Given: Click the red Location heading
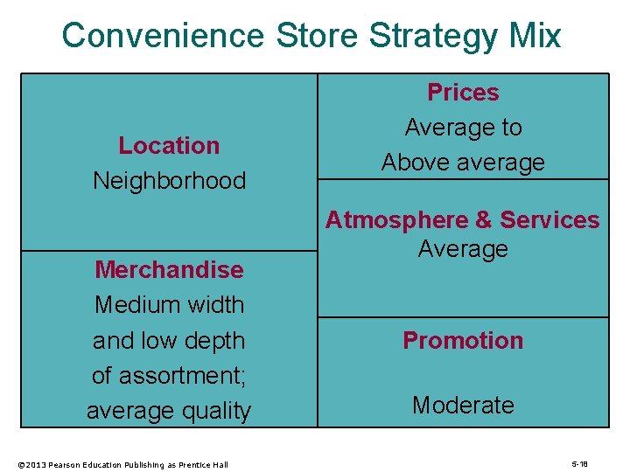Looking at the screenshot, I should (x=169, y=145).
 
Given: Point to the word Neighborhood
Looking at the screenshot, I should (x=169, y=181).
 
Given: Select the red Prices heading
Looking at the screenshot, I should (x=463, y=93).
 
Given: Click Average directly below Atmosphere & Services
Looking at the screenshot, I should (x=463, y=249).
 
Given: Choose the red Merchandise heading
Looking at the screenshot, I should (x=169, y=269).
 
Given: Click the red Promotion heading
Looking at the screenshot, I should (x=463, y=341).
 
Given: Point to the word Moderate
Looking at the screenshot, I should (x=463, y=406).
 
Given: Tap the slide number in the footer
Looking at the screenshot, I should (x=579, y=464).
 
